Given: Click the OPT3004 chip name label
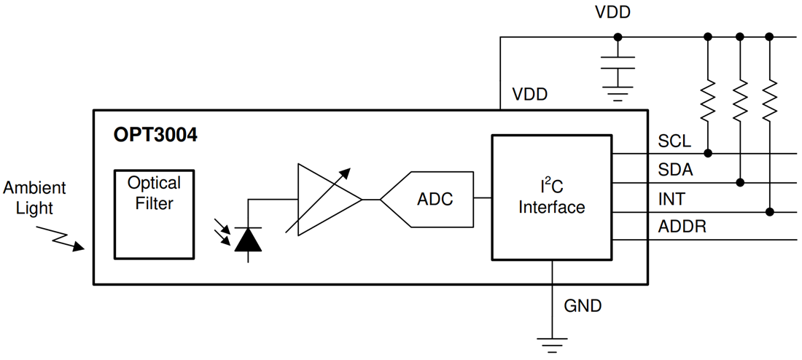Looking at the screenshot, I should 155,135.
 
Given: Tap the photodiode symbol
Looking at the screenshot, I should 249,238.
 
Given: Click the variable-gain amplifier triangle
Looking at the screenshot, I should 324,199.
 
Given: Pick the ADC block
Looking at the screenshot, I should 427,199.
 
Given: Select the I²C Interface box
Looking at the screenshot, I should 551,197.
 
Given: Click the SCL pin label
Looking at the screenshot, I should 674,141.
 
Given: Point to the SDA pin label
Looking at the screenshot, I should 676,170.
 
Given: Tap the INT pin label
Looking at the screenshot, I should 671,199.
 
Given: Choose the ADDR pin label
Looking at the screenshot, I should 682,227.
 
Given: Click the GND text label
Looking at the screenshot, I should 583,306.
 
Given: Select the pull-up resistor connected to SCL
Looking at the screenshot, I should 707,100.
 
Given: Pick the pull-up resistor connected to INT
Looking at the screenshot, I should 769,100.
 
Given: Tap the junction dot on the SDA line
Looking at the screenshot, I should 739,182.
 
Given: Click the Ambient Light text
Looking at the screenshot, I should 34,197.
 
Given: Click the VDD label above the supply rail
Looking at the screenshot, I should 612,12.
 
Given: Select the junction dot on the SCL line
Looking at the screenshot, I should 707,154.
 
